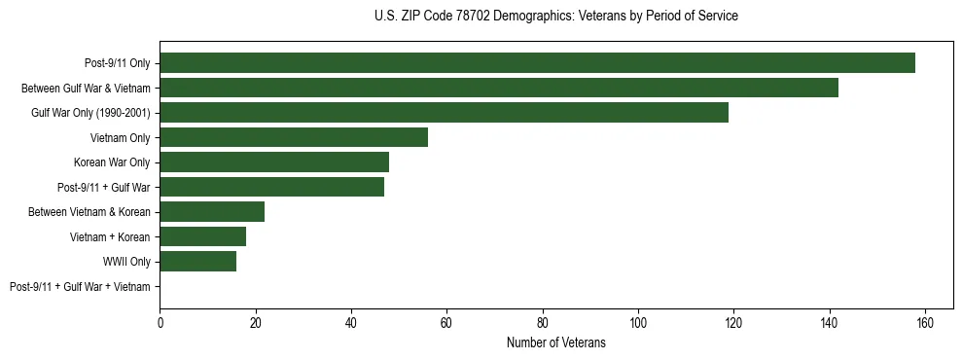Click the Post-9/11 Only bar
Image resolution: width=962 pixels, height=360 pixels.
[537, 63]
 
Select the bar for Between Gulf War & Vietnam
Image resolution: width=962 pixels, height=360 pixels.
[499, 88]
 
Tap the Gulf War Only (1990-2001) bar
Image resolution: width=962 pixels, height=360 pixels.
[444, 113]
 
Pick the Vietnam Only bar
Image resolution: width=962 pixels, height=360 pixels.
[294, 137]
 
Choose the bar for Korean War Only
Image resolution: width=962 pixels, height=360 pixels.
[274, 162]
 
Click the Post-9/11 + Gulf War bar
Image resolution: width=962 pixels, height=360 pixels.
[272, 187]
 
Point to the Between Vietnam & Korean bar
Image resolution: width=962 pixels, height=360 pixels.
[212, 212]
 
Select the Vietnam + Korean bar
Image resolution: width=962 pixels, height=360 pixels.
[203, 236]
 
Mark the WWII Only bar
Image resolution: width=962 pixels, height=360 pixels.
[198, 262]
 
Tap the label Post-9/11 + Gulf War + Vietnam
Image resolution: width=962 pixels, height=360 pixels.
[80, 287]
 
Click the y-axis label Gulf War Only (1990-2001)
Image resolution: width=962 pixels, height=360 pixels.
[90, 113]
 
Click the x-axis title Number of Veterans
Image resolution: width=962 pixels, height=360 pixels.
[556, 342]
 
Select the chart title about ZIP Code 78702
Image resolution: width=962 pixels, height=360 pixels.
[556, 17]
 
